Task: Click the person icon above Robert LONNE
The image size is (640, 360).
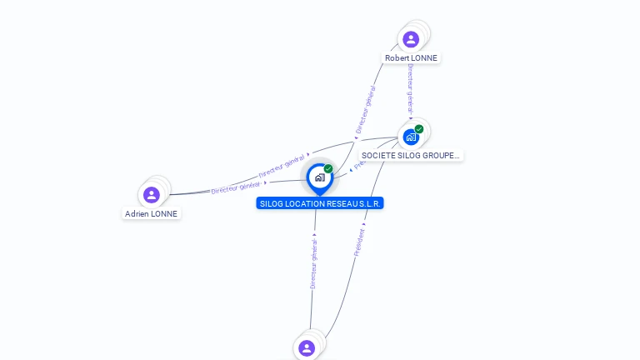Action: [410, 39]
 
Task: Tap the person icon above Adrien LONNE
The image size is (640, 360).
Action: [151, 195]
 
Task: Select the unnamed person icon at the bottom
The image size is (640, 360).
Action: [307, 347]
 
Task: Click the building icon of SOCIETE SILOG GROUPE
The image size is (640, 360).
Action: [411, 137]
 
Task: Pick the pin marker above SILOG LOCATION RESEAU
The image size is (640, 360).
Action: [319, 177]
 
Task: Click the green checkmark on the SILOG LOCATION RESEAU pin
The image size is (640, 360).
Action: [328, 169]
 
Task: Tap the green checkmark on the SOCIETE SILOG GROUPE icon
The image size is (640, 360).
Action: [419, 129]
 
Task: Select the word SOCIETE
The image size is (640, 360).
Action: [378, 156]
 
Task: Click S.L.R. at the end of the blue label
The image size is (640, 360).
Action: [372, 203]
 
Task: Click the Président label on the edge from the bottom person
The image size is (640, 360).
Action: [360, 242]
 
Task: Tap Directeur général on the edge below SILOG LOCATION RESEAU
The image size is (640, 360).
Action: [314, 263]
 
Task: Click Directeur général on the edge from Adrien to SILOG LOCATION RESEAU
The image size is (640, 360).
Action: [237, 187]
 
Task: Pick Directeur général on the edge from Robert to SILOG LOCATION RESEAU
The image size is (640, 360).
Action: [365, 109]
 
